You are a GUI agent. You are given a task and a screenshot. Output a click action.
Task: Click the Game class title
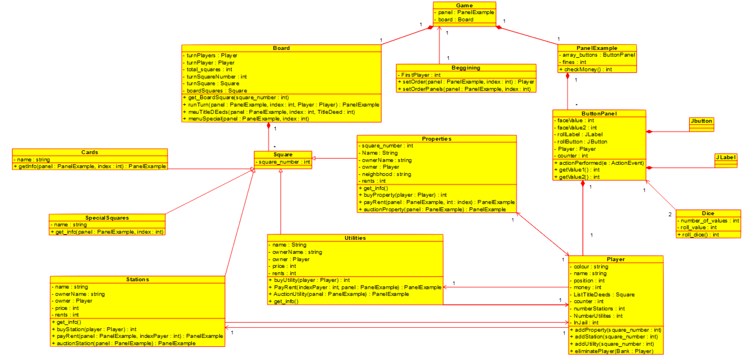click(x=464, y=5)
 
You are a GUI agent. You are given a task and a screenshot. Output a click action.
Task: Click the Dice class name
click(x=708, y=213)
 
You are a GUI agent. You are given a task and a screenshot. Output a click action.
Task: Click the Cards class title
click(x=89, y=152)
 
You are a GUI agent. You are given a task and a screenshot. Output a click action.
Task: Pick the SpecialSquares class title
click(x=107, y=218)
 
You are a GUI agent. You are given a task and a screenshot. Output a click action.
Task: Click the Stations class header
click(x=137, y=279)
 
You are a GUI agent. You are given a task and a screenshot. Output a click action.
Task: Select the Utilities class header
click(x=355, y=238)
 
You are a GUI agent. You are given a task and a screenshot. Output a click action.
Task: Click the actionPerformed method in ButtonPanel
click(x=599, y=163)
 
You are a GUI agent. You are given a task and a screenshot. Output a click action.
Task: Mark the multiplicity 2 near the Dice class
click(x=670, y=215)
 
